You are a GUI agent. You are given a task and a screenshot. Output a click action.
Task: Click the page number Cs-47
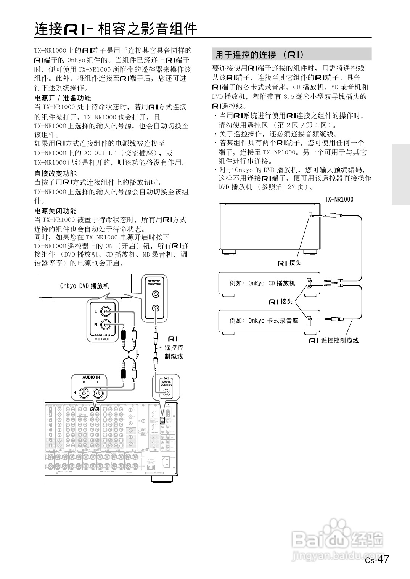coord(377,560)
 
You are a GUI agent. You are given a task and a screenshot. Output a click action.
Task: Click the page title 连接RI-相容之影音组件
coord(116,29)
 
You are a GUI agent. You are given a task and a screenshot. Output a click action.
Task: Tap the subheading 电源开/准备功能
coord(63,98)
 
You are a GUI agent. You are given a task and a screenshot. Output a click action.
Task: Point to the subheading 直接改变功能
coord(55,173)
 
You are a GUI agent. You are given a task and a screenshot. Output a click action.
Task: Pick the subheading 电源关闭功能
coord(55,211)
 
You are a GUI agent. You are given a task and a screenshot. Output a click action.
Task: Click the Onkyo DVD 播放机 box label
coord(85,286)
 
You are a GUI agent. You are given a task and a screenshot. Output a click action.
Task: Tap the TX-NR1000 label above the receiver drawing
coord(339,199)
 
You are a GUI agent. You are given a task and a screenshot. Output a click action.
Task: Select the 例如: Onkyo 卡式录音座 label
coord(264,321)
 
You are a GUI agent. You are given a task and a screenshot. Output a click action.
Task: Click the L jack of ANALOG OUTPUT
coord(106,312)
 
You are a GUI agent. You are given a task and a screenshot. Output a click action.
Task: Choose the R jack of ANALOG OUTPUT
coord(106,325)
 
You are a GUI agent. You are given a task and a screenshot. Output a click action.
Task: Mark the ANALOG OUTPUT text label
coord(102,337)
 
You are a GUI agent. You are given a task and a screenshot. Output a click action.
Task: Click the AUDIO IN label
coord(91,377)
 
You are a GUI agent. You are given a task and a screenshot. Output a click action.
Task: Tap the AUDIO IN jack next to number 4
coord(84,393)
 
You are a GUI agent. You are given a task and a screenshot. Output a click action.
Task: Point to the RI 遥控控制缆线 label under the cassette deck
coord(334,340)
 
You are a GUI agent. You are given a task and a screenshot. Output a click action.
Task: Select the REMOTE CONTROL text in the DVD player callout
coord(154,282)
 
